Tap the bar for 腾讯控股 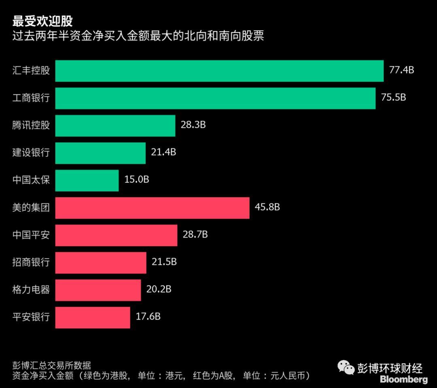[115, 126]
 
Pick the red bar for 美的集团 [152, 208]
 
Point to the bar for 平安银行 [93, 317]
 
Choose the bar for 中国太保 [87, 180]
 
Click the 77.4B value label [401, 70]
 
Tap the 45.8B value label [267, 207]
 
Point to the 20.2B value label [159, 289]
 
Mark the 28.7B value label [195, 235]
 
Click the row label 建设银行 [31, 153]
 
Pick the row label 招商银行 [31, 262]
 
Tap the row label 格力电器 [31, 290]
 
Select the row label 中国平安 [31, 235]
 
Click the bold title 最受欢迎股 [42, 21]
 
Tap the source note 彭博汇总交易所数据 [52, 365]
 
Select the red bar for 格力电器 [98, 290]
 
